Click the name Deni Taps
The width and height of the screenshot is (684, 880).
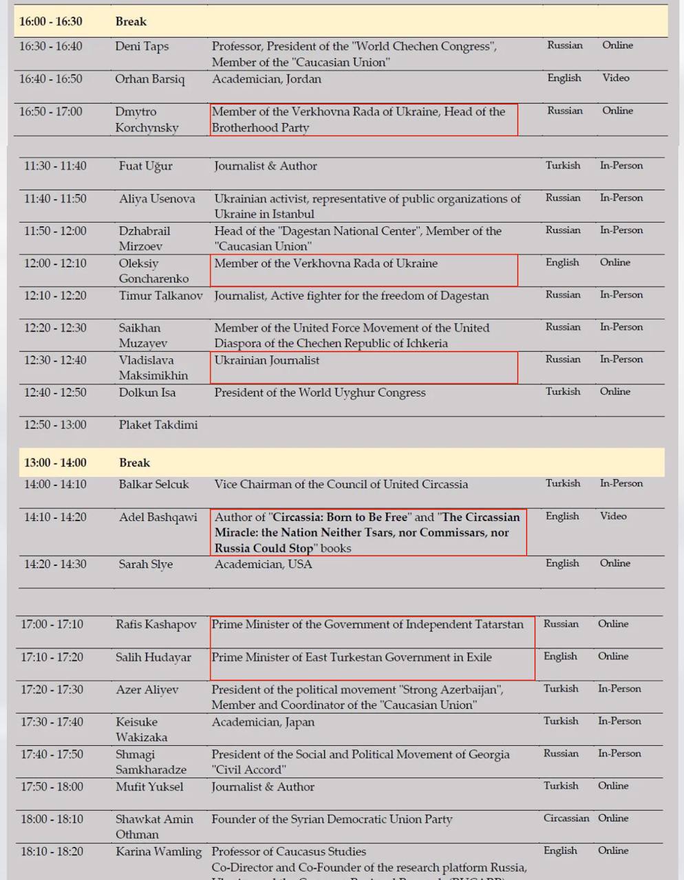coord(142,46)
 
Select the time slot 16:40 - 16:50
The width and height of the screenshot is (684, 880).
coord(50,79)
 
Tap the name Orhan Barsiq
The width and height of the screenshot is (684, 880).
coord(149,79)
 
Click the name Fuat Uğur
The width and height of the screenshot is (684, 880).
coord(145,166)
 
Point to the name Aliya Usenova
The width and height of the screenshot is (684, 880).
coord(157,199)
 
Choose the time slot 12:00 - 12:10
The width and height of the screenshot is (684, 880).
coord(55,263)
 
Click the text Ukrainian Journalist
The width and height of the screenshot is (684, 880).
coord(267,360)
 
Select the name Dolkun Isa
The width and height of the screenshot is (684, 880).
coord(147,393)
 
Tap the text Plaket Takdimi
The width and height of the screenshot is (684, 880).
coord(158,425)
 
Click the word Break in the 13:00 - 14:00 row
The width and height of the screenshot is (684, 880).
coord(134,463)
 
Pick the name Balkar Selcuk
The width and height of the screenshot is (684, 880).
coord(153,484)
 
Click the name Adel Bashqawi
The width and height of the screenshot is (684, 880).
coord(158,517)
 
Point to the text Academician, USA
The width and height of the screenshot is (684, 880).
coord(263,564)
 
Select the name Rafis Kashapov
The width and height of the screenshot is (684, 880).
coord(156,624)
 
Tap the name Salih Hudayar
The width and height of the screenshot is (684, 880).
coord(153,657)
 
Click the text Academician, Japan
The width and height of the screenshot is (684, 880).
coord(263,722)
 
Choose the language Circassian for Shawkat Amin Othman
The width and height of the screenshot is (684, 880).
coord(566,818)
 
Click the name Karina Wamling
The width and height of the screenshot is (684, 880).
coord(158,851)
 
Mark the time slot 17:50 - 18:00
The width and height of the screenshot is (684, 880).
coord(52,786)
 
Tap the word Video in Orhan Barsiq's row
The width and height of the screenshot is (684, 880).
coord(616,78)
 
